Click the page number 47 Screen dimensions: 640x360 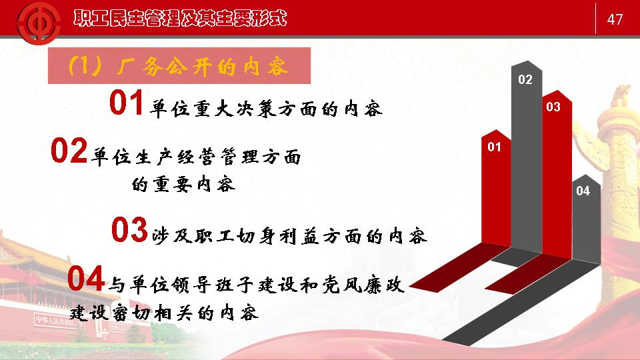click(615, 19)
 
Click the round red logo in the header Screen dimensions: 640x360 click(39, 23)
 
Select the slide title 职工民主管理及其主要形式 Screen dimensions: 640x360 click(180, 19)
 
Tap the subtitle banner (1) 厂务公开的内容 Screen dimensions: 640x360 click(179, 66)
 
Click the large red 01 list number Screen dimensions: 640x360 click(126, 103)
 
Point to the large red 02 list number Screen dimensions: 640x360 click(69, 151)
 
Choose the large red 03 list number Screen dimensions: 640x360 click(129, 230)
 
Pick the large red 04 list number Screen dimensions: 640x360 click(86, 279)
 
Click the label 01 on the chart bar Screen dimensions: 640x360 click(494, 147)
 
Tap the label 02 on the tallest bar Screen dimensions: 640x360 click(525, 79)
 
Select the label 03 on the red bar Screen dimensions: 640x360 click(553, 107)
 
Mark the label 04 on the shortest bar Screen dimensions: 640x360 click(583, 191)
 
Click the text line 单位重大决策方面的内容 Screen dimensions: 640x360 click(266, 109)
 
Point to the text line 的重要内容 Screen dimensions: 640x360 click(184, 184)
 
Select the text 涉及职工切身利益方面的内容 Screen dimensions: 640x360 click(289, 236)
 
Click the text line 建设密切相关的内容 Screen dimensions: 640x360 click(164, 313)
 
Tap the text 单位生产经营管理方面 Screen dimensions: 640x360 click(196, 157)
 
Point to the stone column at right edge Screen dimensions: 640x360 click(617, 171)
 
